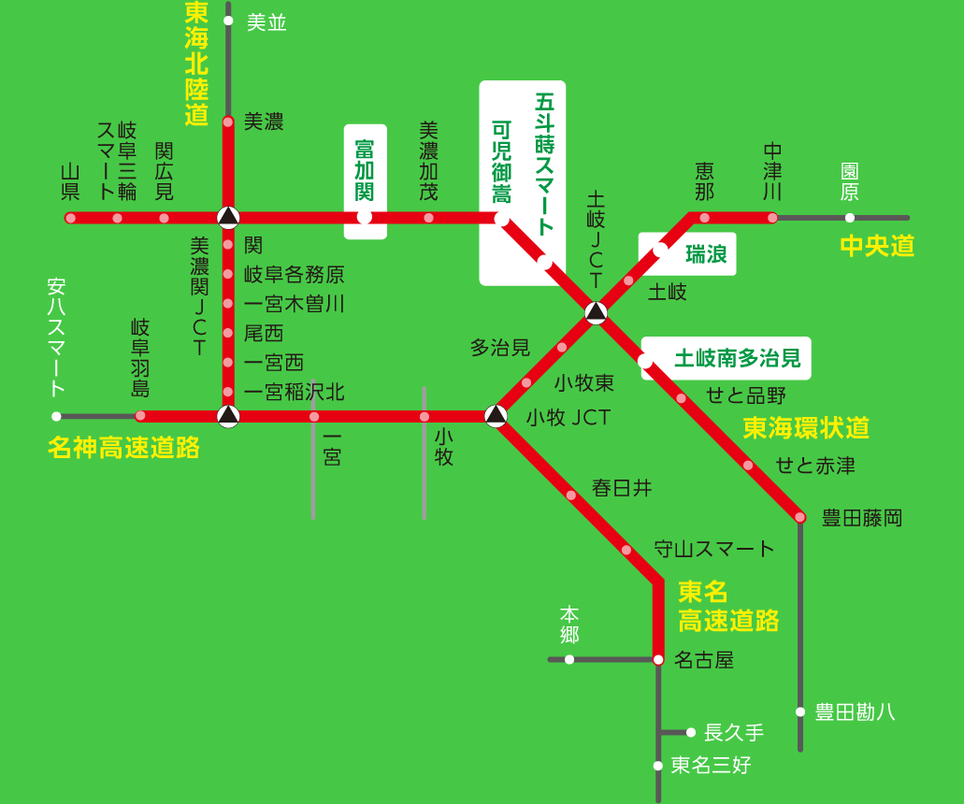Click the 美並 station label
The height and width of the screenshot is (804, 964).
266,22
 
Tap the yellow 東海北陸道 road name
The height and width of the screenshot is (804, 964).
196,64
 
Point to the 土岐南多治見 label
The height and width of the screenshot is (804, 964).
738,358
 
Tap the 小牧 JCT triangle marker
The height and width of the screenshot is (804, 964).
496,415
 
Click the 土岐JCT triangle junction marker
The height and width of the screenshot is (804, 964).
596,312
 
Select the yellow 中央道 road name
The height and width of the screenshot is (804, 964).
876,246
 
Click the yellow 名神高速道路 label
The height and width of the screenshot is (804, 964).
123,447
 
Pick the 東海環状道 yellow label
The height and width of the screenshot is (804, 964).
806,428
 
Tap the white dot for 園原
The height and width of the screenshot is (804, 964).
849,218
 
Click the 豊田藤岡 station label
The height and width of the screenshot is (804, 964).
861,517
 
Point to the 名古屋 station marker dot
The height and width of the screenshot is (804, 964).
658,659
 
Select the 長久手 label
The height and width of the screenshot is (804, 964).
734,732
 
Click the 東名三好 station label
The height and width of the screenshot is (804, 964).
711,766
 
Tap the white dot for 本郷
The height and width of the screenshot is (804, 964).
569,659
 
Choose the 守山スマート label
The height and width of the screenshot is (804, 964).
714,549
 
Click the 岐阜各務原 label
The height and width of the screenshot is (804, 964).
294,274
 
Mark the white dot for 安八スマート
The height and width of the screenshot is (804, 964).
56,416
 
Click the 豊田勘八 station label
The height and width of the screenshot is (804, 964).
855,712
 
